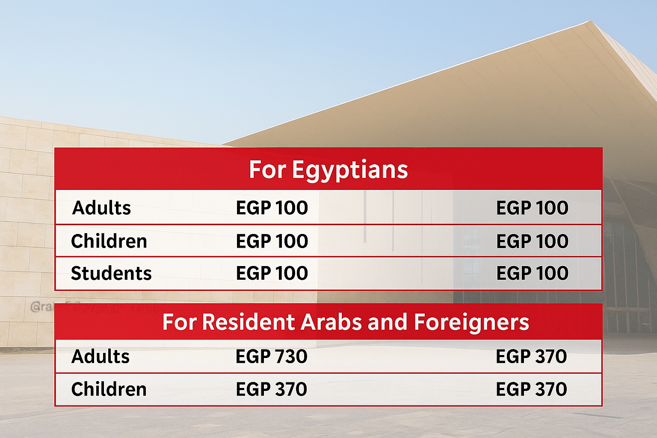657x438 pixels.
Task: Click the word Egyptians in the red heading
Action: click(x=350, y=170)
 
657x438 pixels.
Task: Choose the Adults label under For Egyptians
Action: click(x=102, y=208)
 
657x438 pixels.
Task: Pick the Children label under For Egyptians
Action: click(x=109, y=241)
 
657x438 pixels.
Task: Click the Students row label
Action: click(x=111, y=273)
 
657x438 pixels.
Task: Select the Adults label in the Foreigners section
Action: click(x=101, y=356)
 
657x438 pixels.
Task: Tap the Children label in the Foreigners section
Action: click(x=109, y=389)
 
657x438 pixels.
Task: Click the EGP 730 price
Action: click(x=272, y=356)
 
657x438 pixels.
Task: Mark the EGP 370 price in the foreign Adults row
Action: click(x=531, y=356)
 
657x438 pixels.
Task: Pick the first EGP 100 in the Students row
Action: click(x=272, y=273)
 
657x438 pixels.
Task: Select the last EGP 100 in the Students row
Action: click(x=532, y=273)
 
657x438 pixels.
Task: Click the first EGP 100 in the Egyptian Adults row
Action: click(x=272, y=208)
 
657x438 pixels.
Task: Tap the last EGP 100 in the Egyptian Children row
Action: click(x=532, y=241)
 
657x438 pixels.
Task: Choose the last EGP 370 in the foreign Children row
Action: click(x=531, y=389)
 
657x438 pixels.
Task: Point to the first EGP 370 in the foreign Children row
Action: click(x=272, y=389)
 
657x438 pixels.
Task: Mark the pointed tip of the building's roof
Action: click(x=590, y=21)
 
